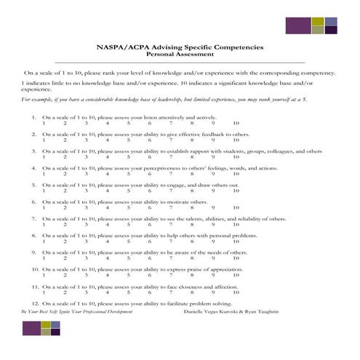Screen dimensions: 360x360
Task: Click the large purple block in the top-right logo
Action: click(x=297, y=25)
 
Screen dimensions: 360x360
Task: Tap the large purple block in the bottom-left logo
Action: click(x=31, y=328)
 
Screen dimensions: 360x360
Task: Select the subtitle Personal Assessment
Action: click(x=180, y=55)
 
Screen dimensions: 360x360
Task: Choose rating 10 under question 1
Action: click(x=236, y=123)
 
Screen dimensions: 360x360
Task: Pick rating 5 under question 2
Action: click(x=129, y=140)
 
